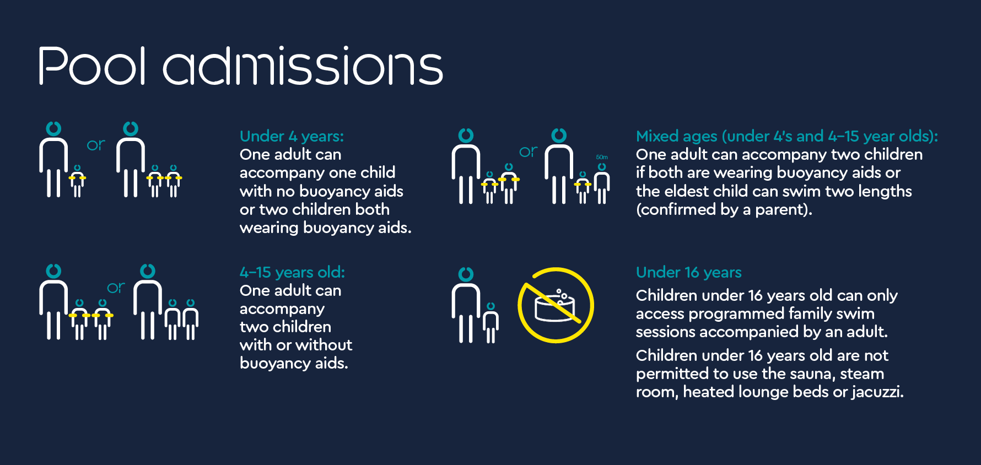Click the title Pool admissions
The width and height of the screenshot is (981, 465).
coord(240,66)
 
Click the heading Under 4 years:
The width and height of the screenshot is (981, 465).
coord(292,136)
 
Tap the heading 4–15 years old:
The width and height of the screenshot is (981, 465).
coord(292,272)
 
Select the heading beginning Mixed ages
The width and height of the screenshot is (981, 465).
coord(786,136)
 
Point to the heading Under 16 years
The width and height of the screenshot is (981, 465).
coord(688,272)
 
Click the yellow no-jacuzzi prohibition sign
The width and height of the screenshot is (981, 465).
coord(556,305)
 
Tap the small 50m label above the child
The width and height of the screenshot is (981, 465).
coord(602,157)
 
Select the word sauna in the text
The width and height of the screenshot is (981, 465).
coord(811,374)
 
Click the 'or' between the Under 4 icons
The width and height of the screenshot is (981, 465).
coord(96,145)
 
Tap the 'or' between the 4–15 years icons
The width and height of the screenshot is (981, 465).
coord(116,288)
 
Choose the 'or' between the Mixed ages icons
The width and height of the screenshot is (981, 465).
coord(528,152)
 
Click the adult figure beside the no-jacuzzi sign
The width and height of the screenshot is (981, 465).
coord(466,305)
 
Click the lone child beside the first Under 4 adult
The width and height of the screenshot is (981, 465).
coord(77,181)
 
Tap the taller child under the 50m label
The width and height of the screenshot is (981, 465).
coord(602,183)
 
